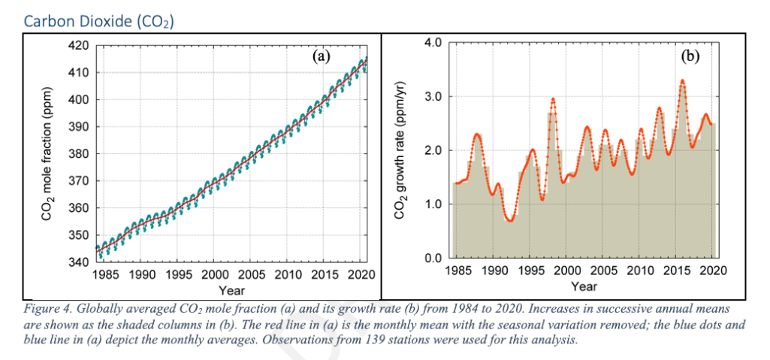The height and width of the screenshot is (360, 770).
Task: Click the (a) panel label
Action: pos(321,56)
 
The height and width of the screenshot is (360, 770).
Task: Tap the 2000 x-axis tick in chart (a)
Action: pos(215,274)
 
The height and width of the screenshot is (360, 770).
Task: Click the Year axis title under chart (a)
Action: pos(231,289)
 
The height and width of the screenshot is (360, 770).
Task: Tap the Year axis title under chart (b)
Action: pos(584,286)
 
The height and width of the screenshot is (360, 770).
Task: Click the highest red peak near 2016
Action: pos(682,80)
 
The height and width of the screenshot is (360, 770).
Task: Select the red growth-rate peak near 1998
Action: pos(553,98)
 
